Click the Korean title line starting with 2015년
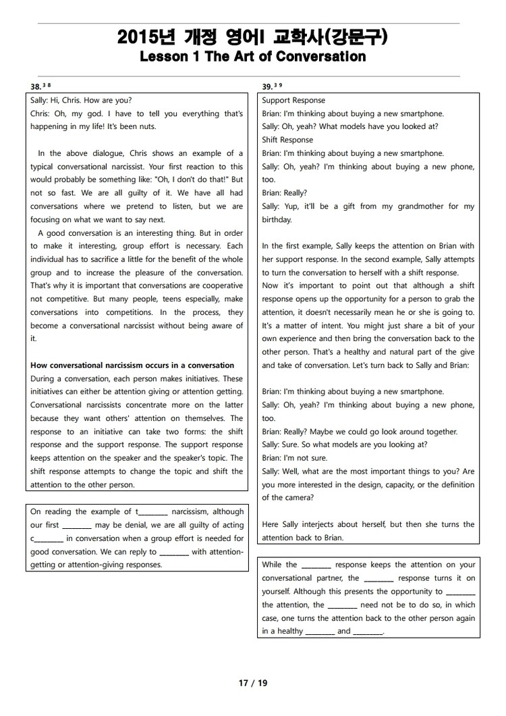(x=252, y=36)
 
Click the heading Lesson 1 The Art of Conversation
(x=252, y=57)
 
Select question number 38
(x=36, y=86)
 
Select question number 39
(x=267, y=86)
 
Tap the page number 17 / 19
(x=253, y=683)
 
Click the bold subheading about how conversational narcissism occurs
(x=132, y=365)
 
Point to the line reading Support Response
(x=293, y=101)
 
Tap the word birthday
(x=277, y=220)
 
